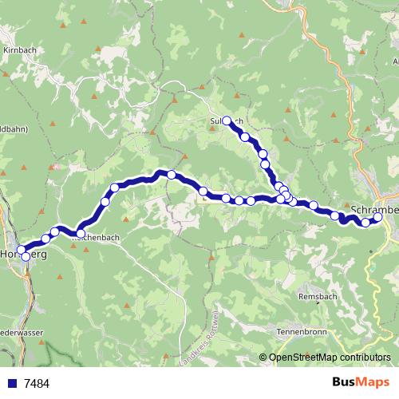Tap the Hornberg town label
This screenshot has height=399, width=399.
pos(23,254)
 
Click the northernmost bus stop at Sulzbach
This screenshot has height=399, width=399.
pos(227,120)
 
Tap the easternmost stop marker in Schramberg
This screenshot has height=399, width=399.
pos(377,217)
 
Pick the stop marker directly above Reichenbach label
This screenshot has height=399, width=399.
pos(81,233)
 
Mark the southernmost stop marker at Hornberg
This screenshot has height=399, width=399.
pos(26,257)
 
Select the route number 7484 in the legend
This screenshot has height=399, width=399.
pos(36,383)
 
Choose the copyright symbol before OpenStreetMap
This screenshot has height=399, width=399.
pos(263,358)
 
